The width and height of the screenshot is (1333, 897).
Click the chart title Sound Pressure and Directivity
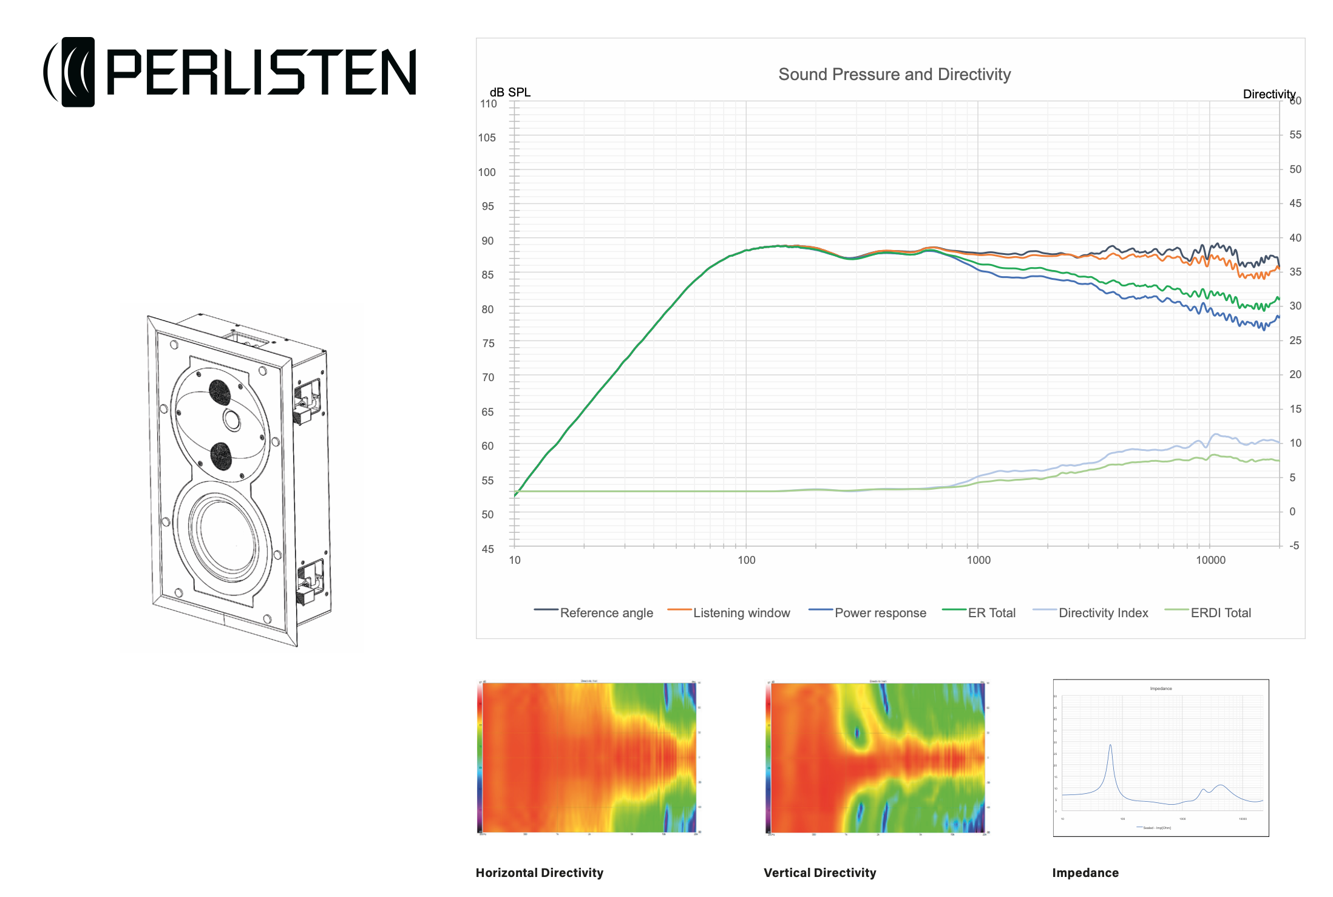[x=894, y=75]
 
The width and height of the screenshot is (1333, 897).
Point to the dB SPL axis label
[x=510, y=92]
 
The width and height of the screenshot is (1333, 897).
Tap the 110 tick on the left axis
[x=488, y=104]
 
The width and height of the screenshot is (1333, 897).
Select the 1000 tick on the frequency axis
[x=979, y=560]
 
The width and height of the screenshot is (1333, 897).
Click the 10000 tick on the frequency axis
[x=1210, y=560]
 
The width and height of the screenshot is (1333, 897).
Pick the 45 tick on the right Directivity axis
[x=1295, y=203]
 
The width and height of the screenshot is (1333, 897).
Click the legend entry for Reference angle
[x=606, y=613]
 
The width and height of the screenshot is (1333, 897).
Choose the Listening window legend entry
[x=741, y=613]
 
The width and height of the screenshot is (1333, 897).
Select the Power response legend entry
[x=880, y=613]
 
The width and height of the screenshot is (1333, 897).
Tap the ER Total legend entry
[x=991, y=613]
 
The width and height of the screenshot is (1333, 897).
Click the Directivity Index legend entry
[x=1103, y=613]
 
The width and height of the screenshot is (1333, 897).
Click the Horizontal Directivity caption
[x=540, y=873]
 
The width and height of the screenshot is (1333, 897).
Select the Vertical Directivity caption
[x=820, y=873]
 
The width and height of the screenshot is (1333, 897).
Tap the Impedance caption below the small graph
[x=1085, y=873]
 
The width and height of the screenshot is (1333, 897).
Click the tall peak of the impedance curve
[x=1110, y=746]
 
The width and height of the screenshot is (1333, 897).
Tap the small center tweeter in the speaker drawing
[x=232, y=419]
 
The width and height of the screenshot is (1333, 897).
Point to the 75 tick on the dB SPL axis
[x=488, y=344]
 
